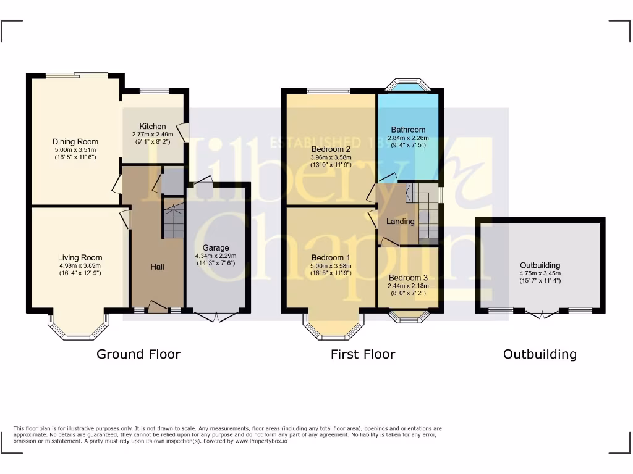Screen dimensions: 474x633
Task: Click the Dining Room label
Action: coord(75,141)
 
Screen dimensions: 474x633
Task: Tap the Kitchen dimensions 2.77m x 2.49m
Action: coord(152,135)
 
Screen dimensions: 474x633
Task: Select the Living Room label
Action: coord(80,257)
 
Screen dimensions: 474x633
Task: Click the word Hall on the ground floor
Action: coord(157,267)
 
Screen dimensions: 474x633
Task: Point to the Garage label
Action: coord(216,248)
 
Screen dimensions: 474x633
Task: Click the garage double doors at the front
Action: coord(216,315)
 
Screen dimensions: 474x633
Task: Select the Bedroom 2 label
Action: coord(331,149)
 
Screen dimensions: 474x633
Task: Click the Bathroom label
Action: coord(408,130)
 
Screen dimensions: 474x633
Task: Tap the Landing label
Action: coord(400,222)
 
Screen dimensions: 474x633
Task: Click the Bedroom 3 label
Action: coord(408,278)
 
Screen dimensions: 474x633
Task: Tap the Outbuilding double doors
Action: coord(540,314)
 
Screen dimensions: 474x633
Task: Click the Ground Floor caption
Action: coord(138,354)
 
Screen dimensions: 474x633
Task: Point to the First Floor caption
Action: coord(363,354)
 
